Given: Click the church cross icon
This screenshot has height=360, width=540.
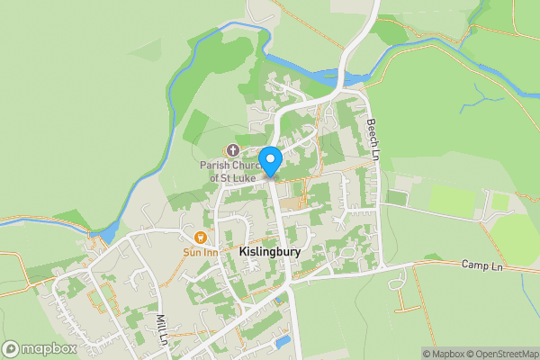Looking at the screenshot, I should (232, 150).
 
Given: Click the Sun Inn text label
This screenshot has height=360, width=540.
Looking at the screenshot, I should (200, 251).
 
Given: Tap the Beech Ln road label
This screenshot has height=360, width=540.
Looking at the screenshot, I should (371, 137).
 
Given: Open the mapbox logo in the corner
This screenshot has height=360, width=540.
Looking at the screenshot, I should (40, 348).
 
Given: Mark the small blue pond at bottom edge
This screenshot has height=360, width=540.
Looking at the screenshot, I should (283, 343).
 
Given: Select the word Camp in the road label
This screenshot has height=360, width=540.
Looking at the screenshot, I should (472, 265).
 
